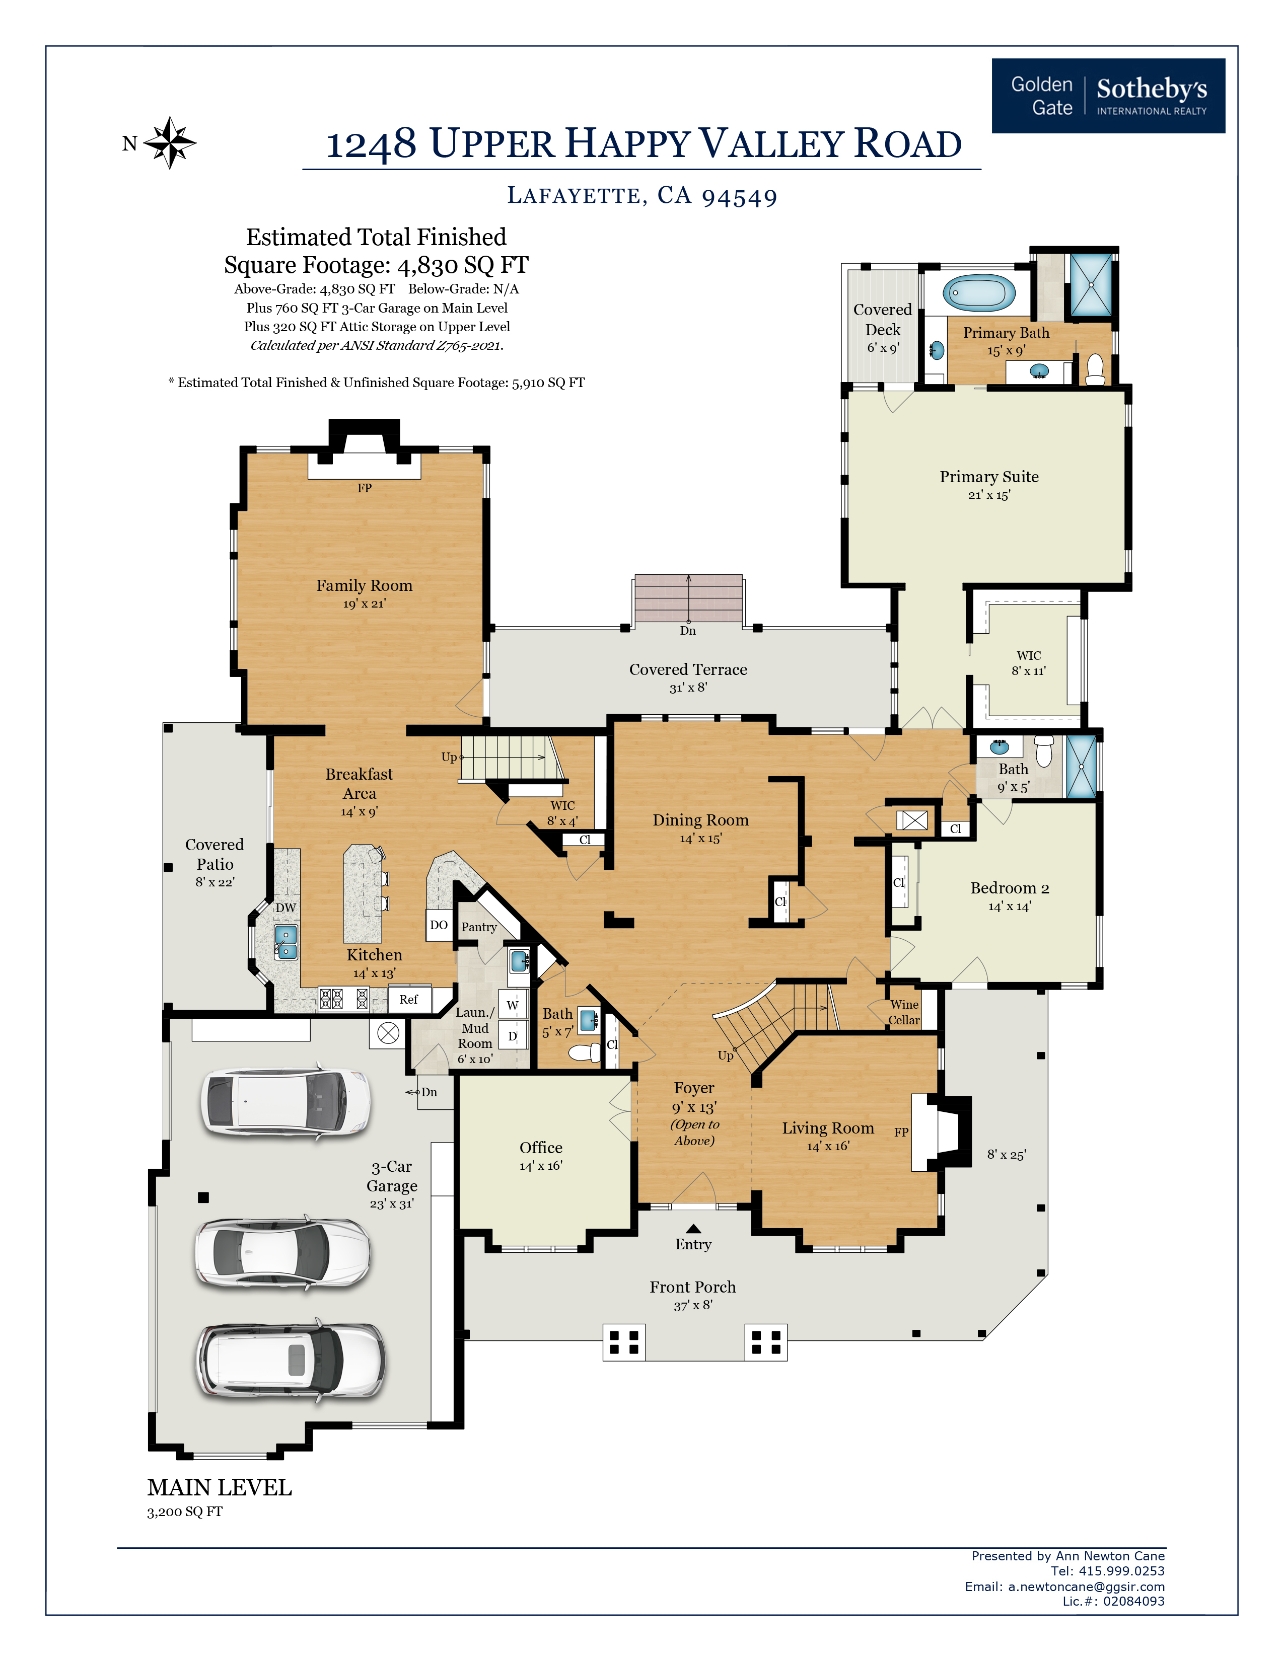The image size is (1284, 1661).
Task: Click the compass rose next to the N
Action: (170, 142)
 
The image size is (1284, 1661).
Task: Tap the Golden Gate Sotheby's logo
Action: (1108, 96)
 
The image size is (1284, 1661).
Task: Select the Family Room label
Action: (365, 585)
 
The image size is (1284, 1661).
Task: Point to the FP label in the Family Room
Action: (365, 488)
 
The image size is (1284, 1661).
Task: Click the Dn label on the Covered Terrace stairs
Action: (688, 631)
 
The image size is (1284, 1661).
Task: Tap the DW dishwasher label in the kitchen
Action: (285, 908)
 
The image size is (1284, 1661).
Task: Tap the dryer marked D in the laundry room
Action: (513, 1036)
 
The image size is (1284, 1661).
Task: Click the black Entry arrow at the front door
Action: (693, 1228)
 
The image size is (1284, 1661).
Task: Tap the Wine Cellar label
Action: (904, 1012)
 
